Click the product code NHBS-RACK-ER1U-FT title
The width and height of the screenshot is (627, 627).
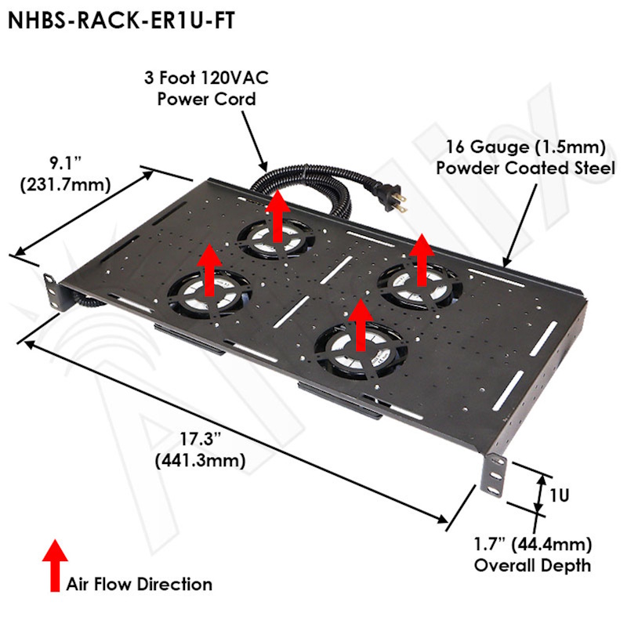click(x=121, y=20)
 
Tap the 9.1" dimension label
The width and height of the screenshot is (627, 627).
click(x=66, y=163)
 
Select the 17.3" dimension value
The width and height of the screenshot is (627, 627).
click(x=200, y=439)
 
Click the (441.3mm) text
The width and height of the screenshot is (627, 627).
click(x=200, y=461)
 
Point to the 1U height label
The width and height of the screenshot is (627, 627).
click(x=559, y=495)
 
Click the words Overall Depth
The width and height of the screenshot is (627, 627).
click(x=532, y=565)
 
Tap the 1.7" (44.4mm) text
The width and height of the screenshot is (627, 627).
click(x=533, y=544)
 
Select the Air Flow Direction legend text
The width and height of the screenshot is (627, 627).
click(x=140, y=584)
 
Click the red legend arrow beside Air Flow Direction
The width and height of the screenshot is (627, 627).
click(x=55, y=565)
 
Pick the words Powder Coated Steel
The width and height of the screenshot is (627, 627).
click(x=525, y=168)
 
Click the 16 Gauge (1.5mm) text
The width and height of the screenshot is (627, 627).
click(x=525, y=147)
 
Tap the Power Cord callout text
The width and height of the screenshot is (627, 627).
click(x=206, y=100)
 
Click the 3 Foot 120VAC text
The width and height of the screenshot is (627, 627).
click(x=206, y=78)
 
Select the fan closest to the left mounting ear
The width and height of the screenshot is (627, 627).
click(x=209, y=295)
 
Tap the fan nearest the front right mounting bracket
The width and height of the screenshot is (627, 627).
click(x=361, y=351)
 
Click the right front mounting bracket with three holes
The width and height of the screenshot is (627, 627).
click(x=495, y=476)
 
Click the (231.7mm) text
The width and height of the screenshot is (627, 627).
click(x=66, y=184)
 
